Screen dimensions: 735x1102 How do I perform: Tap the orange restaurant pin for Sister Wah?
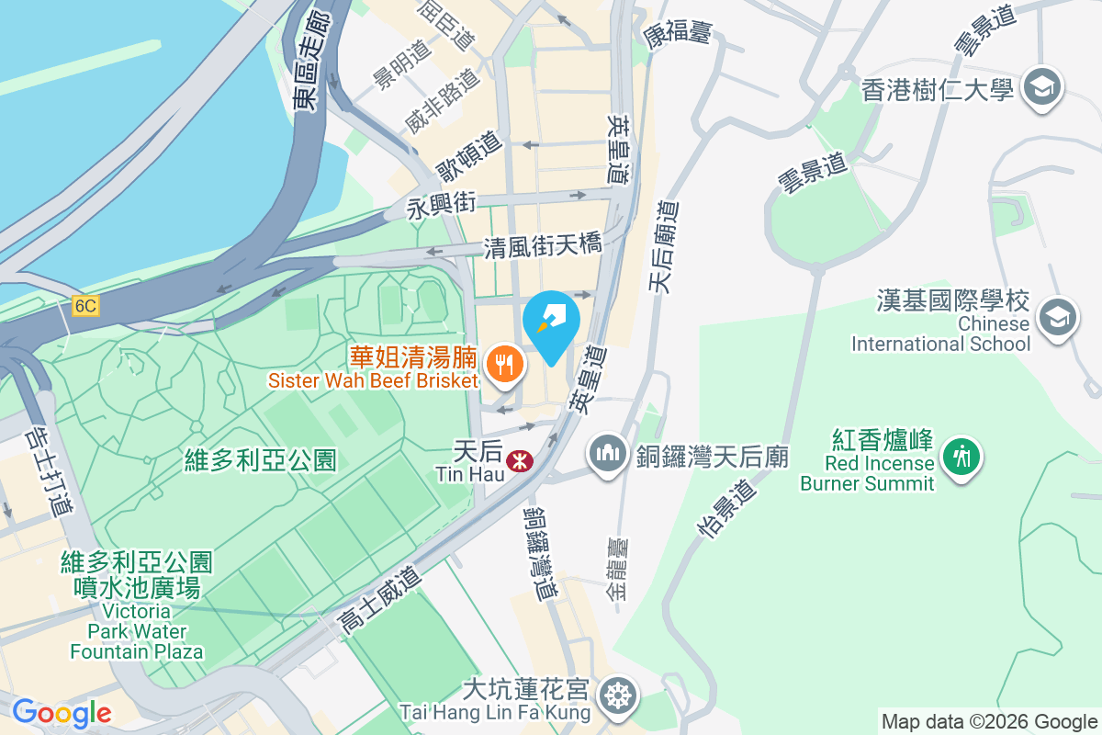click(x=504, y=364)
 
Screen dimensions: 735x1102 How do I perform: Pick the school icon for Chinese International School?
click(x=1057, y=319)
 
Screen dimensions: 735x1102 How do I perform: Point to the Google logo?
click(x=62, y=712)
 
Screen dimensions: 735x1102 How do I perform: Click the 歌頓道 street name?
click(x=469, y=157)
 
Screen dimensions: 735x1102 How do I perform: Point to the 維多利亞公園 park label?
click(x=260, y=458)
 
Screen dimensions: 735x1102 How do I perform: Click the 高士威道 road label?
click(x=379, y=602)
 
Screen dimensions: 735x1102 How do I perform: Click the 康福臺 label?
click(x=678, y=36)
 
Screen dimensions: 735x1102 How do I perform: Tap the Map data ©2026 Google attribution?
click(x=989, y=722)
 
